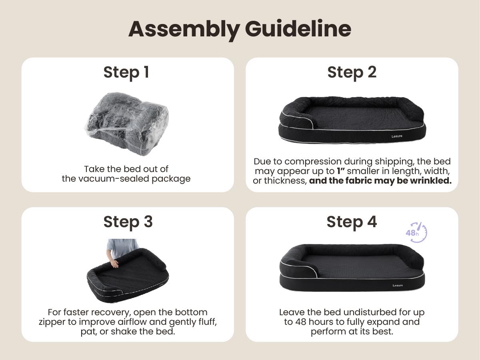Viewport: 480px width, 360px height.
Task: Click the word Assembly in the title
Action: [184, 30]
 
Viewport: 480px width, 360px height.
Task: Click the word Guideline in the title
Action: [298, 28]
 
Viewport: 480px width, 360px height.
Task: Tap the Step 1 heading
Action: [126, 72]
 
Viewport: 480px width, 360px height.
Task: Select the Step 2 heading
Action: [352, 72]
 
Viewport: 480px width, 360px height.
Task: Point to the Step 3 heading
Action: [128, 222]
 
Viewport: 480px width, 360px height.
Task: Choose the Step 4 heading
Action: [352, 222]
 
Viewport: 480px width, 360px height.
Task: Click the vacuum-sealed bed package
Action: [127, 124]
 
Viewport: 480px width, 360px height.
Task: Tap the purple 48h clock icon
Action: [416, 232]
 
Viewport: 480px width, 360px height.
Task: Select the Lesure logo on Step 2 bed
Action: [397, 136]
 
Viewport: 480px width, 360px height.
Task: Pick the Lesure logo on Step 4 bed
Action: [398, 286]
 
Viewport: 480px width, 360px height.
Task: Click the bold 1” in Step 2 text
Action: [340, 171]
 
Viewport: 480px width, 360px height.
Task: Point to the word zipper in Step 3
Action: [52, 322]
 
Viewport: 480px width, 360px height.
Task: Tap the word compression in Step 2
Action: [313, 162]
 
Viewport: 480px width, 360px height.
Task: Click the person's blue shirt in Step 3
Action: [122, 248]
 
